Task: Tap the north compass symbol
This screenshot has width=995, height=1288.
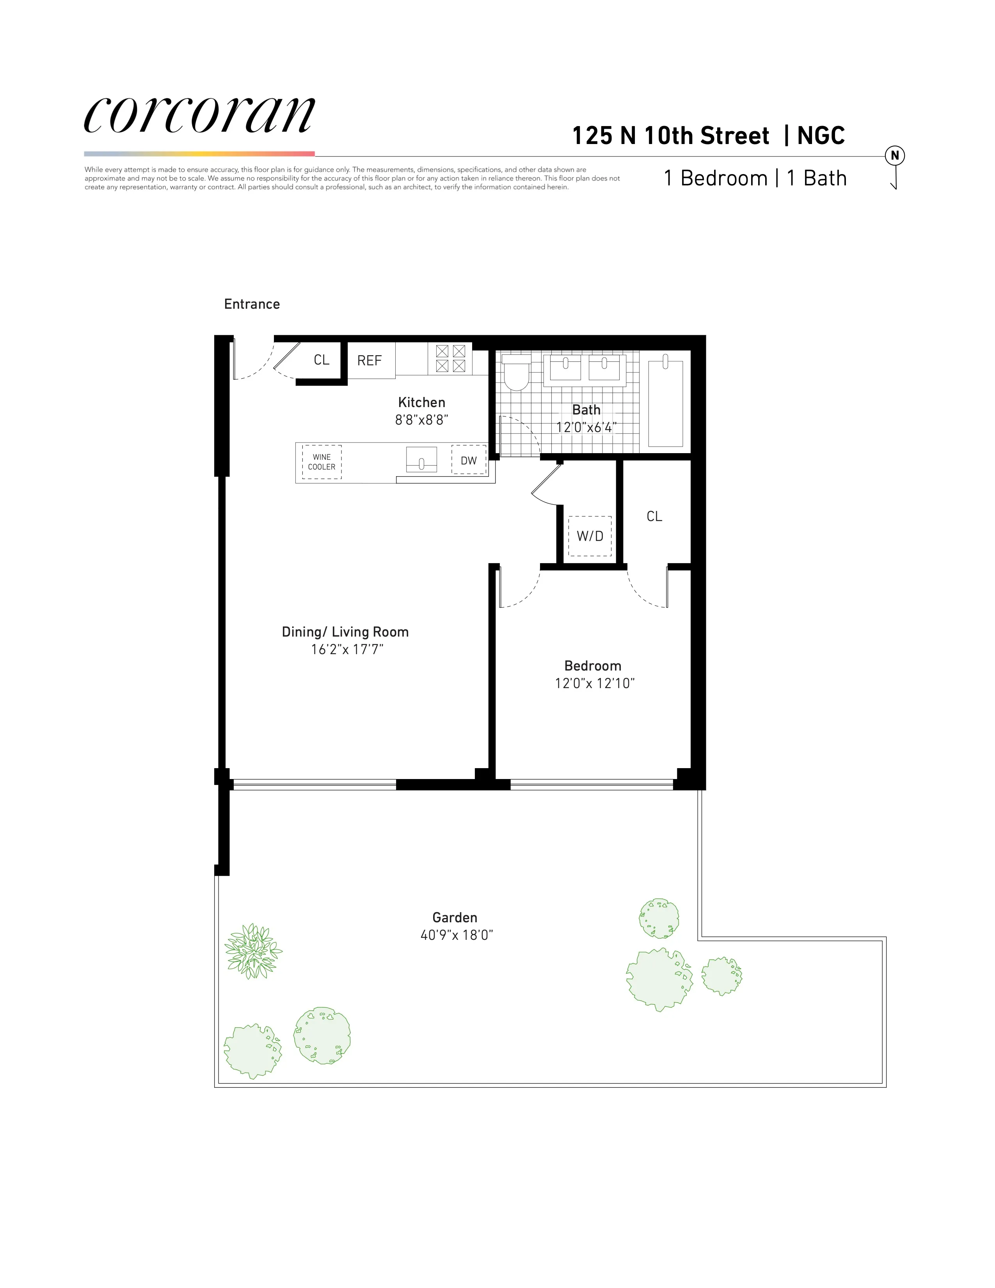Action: coord(894,156)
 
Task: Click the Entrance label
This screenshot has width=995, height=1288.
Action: coord(252,304)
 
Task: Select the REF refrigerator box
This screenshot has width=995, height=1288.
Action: coord(370,360)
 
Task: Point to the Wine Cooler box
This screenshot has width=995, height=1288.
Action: coord(322,462)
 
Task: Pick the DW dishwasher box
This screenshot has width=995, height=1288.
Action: coord(469,461)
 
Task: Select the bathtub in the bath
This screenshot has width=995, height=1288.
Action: coord(666,403)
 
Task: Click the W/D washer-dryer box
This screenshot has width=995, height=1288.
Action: coord(590,536)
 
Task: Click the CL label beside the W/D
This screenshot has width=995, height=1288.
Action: coord(654,517)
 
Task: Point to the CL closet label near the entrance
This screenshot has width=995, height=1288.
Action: coord(321,360)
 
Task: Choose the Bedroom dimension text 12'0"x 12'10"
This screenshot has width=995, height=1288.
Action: coord(594,683)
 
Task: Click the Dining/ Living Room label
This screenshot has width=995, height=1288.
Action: coord(345,632)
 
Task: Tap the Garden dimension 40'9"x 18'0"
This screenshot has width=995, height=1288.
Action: coord(456,935)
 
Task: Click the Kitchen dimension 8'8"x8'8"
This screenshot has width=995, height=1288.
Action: coord(421,420)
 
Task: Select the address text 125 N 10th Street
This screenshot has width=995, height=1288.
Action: coord(671,136)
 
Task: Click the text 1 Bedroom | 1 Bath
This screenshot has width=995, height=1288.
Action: coord(755,178)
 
